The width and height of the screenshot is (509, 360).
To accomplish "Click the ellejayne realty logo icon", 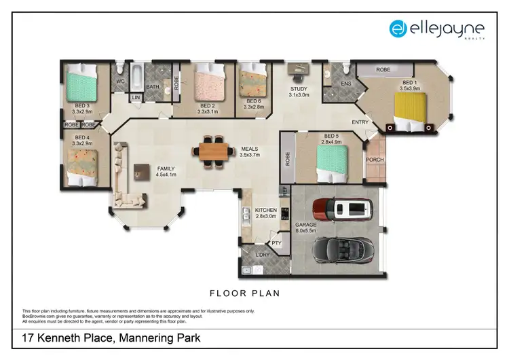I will (398, 28).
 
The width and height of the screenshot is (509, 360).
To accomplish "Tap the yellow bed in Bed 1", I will (411, 109).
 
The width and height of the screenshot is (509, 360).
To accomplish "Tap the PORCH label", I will (375, 160).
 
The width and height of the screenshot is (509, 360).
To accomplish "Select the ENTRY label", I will (360, 122).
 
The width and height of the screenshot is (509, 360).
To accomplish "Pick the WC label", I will (121, 82).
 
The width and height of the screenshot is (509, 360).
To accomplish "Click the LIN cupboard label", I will (136, 98).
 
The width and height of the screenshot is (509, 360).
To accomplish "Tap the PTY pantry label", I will (276, 242).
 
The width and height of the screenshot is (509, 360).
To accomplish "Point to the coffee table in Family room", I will (142, 173).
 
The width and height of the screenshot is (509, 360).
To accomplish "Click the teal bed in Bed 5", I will (333, 162).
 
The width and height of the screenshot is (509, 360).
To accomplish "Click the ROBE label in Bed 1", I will (383, 69).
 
